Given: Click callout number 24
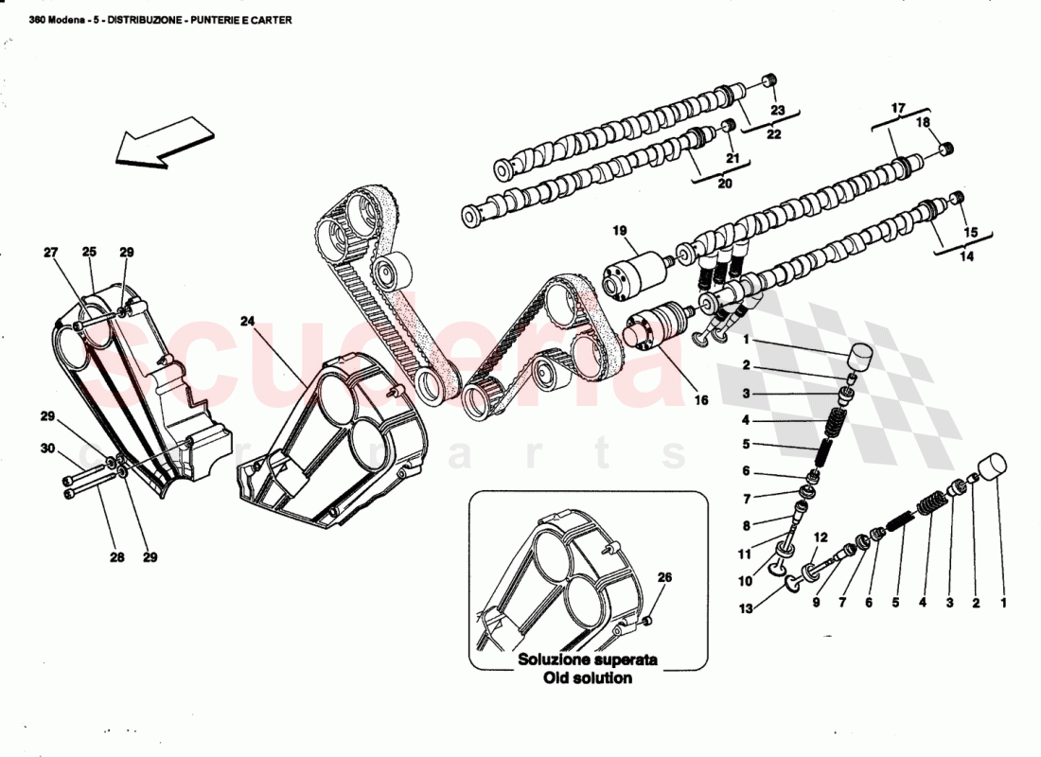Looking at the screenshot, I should tap(247, 322).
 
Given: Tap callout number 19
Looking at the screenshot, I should tap(619, 230).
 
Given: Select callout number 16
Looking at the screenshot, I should tap(701, 400).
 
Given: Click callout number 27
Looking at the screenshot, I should tap(51, 253).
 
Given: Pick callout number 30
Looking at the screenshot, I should tap(47, 449).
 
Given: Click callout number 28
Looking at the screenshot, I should tap(116, 557).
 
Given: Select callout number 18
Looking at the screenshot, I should tap(923, 123).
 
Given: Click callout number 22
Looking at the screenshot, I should tap(774, 134).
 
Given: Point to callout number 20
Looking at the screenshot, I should tap(725, 185).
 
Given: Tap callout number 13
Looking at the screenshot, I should tap(747, 609).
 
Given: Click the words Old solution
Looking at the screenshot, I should tap(588, 678).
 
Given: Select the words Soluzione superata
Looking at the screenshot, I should tap(587, 660).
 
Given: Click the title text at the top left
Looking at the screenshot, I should tap(159, 18).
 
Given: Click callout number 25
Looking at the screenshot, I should tap(89, 253).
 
